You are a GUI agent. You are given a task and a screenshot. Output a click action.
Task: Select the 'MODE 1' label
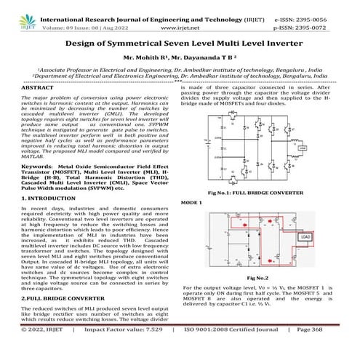tap(191, 202)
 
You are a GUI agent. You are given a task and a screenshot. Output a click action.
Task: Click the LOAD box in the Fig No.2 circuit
tap(327, 237)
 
